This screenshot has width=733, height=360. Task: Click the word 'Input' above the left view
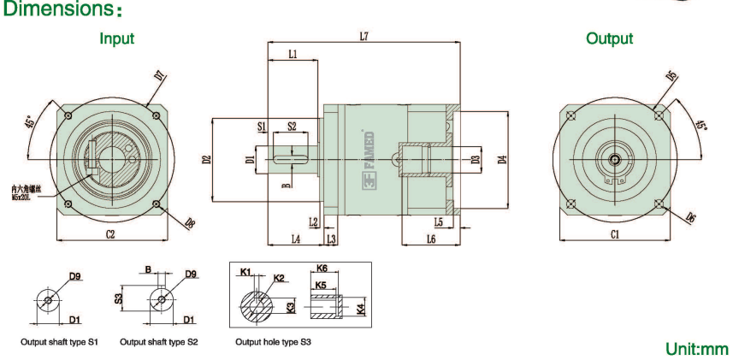tap(116, 38)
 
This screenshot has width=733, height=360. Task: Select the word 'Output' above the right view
tap(609, 38)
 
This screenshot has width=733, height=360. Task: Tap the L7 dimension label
tap(364, 36)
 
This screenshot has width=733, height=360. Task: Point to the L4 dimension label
tap(295, 239)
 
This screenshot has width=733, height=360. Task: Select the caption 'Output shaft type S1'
tap(60, 342)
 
